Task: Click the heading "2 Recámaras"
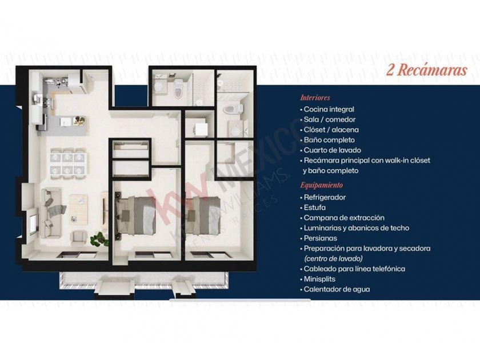click(x=426, y=70)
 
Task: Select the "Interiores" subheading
click(x=315, y=98)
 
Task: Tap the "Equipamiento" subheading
click(x=321, y=185)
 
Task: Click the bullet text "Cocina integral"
click(x=329, y=109)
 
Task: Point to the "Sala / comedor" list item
click(x=329, y=119)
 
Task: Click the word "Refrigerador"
click(x=325, y=198)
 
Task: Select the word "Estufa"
click(x=315, y=207)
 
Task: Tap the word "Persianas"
click(x=320, y=238)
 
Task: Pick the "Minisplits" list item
click(x=319, y=279)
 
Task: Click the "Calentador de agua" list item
click(x=337, y=289)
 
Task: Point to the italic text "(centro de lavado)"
click(x=333, y=259)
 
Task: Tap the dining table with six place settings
click(x=68, y=163)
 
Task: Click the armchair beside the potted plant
click(x=78, y=238)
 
